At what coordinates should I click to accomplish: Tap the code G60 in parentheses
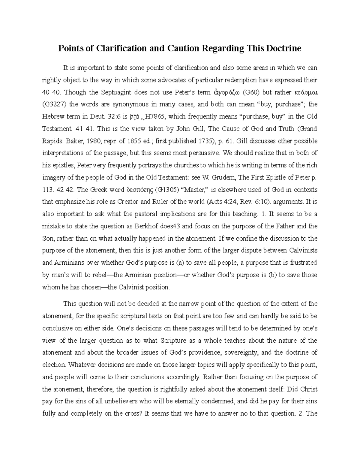[249, 92]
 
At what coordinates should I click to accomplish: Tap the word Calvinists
[304, 251]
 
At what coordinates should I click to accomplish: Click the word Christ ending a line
[309, 389]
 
